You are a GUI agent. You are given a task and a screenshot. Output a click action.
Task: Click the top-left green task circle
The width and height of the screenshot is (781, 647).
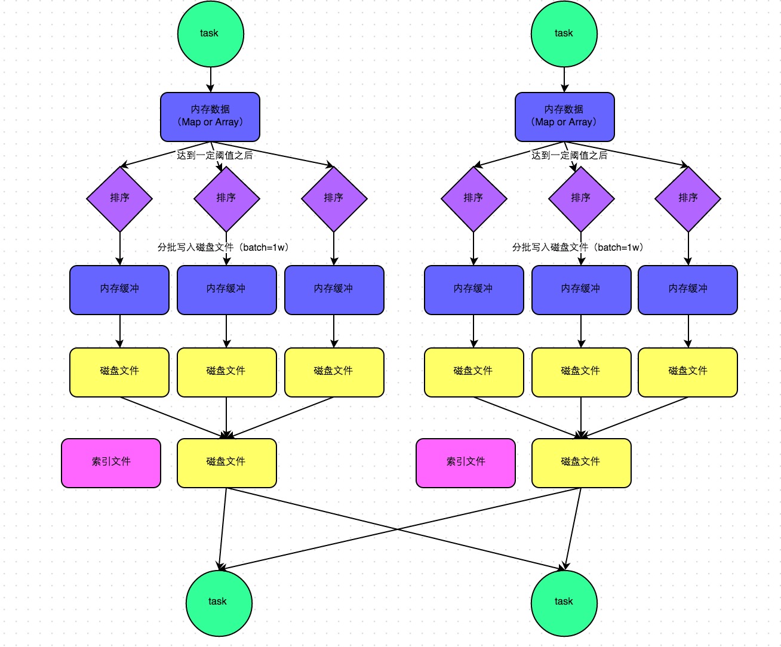click(210, 34)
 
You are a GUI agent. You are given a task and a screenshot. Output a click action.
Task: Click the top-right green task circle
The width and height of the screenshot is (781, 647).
click(564, 34)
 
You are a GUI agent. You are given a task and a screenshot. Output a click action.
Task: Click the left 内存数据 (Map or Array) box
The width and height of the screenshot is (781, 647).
click(210, 117)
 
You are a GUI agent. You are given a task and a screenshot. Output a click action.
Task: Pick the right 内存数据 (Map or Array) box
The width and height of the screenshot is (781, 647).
click(564, 117)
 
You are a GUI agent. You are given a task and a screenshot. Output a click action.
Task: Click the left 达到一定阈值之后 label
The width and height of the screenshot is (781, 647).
click(214, 155)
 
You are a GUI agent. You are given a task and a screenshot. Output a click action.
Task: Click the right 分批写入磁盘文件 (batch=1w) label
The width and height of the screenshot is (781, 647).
click(577, 247)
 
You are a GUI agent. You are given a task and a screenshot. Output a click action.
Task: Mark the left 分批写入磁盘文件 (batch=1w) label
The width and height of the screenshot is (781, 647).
click(223, 247)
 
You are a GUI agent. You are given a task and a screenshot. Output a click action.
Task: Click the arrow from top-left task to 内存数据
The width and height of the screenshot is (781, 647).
click(210, 79)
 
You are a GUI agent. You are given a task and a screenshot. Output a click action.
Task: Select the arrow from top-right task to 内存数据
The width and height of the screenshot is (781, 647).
click(564, 79)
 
